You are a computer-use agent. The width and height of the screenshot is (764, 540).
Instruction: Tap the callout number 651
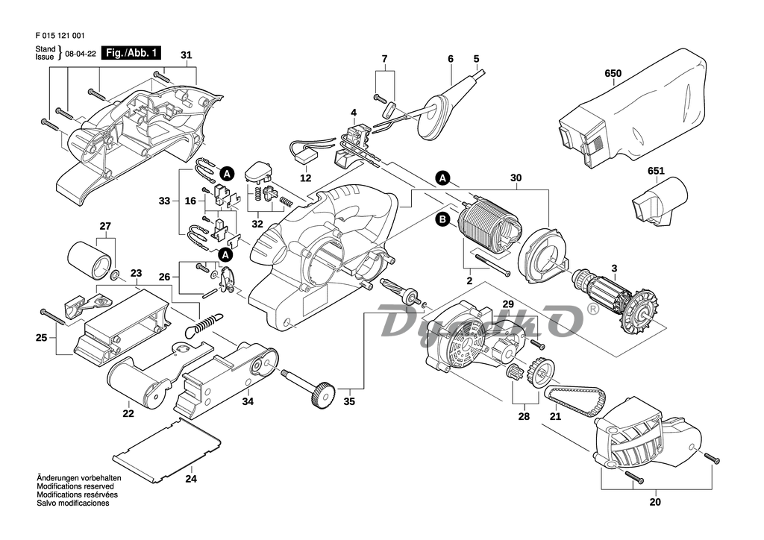coord(655,171)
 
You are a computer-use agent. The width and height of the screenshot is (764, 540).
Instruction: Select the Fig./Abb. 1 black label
coord(131,53)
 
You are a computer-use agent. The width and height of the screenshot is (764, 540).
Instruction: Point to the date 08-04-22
coord(81,54)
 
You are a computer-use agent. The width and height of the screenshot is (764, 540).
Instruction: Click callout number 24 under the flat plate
coord(191,479)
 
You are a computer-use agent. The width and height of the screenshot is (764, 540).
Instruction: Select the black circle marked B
coord(442,219)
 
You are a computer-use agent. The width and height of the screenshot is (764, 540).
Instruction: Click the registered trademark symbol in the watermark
coord(593,307)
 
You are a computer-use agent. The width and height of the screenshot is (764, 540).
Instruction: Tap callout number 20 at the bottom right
coord(655,502)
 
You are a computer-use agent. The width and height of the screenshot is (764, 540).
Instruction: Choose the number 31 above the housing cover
coord(186,55)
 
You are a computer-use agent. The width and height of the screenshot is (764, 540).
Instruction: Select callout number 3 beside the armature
coord(614,269)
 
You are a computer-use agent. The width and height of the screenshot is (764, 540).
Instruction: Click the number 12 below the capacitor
coord(305,179)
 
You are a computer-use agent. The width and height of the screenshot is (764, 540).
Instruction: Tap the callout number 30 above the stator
coord(516,178)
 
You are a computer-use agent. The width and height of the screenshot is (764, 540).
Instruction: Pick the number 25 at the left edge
coord(41,338)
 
